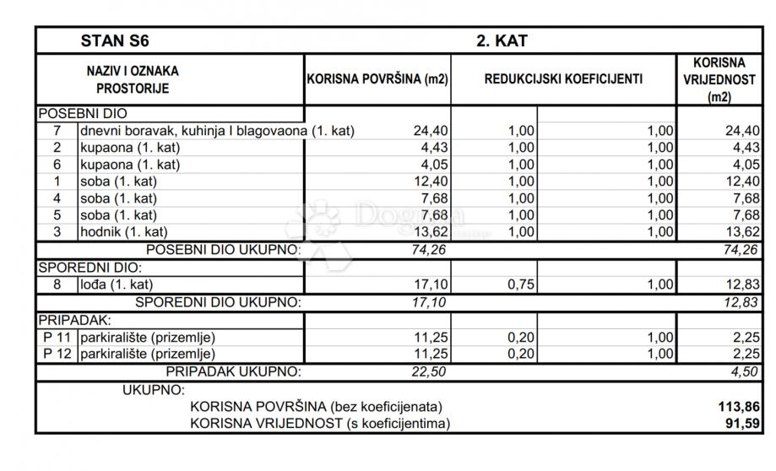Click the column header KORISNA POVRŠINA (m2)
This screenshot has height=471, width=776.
click(377, 79)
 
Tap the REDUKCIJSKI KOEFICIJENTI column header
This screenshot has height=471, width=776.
click(563, 79)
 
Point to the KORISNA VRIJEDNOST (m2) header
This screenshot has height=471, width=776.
click(719, 79)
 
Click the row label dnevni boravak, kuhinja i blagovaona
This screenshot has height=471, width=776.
click(217, 131)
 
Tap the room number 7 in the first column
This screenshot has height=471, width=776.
click(57, 131)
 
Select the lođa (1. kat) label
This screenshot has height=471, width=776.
click(117, 284)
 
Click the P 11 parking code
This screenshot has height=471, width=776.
click(57, 337)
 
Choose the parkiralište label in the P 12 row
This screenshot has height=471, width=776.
click(148, 354)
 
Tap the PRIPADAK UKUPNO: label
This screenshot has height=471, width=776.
click(232, 371)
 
